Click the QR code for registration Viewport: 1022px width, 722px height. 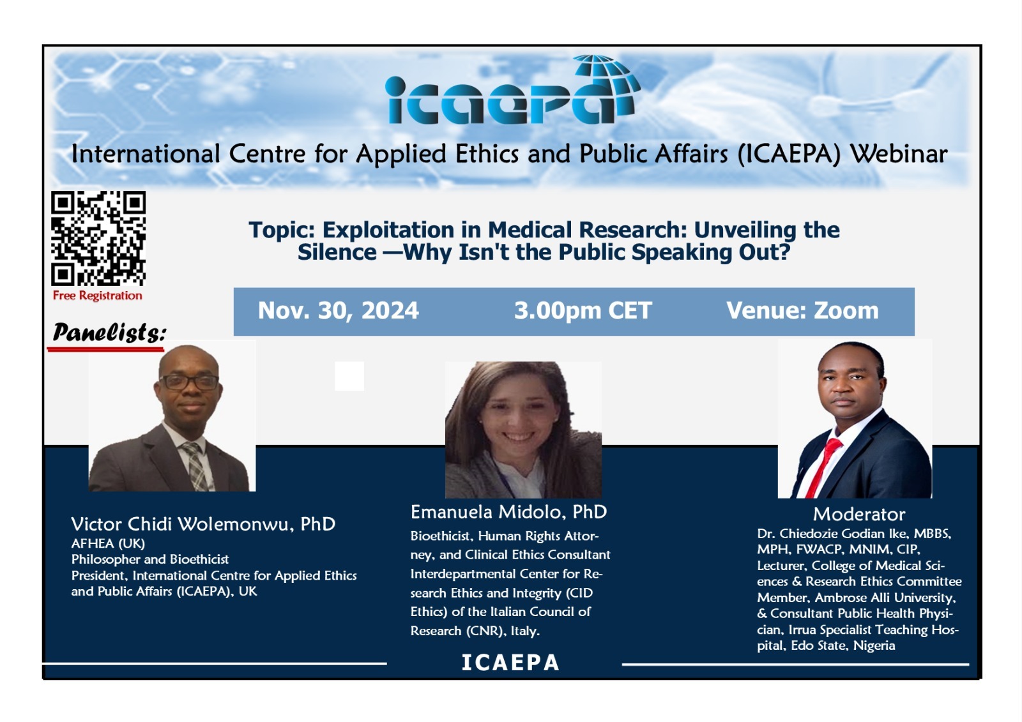[98, 238]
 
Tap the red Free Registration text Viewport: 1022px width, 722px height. [97, 296]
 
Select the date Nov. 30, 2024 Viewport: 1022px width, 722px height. [338, 311]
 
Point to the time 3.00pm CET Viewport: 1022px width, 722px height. [583, 311]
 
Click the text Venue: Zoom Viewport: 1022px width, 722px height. [802, 311]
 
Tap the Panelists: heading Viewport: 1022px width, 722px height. [109, 332]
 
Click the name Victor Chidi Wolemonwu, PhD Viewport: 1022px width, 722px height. [203, 524]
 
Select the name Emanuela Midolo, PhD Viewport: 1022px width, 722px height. [508, 512]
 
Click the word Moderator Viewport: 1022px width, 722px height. [859, 515]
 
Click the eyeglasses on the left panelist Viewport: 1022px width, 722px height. [189, 382]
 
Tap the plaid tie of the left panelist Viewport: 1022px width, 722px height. [195, 466]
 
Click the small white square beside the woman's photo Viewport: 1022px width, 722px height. [349, 376]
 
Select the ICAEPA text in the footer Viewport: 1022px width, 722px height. [510, 663]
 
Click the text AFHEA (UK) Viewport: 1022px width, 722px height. [108, 543]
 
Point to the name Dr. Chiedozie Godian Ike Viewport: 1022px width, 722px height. [821, 534]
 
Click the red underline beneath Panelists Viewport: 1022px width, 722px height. [105, 350]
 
